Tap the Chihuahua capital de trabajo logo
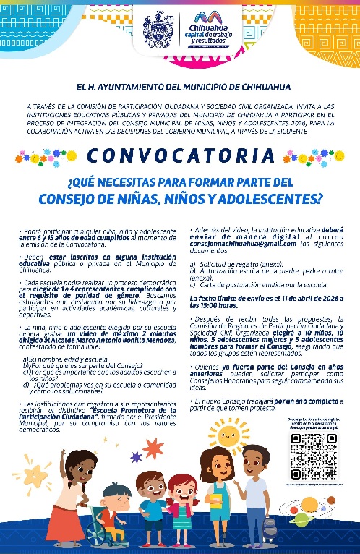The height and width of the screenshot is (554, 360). tap(207, 30)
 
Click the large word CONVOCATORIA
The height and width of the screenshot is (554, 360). tap(180, 155)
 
